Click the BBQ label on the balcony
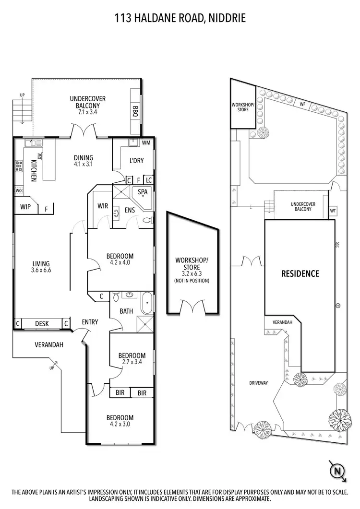click(135, 111)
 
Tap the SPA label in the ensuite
click(143, 192)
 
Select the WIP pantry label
click(25, 207)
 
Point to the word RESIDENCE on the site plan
click(300, 274)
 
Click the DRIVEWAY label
click(258, 383)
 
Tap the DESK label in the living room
click(42, 324)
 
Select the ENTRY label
click(90, 322)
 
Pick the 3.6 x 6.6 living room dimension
click(41, 271)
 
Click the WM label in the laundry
click(146, 142)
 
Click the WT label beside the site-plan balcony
click(333, 211)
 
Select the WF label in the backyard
click(302, 104)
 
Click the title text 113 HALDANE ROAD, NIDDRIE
click(180, 19)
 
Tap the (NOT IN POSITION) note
click(192, 281)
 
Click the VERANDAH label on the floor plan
click(49, 344)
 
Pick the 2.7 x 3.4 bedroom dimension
click(132, 362)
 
